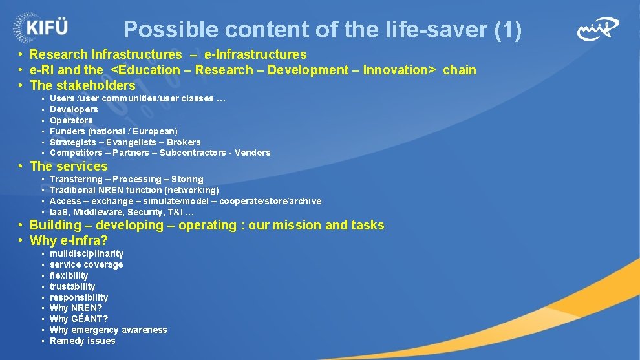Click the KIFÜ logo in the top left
pos(40,28)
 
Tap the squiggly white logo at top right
pos(598,28)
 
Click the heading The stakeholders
pos(83,85)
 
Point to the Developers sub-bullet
pos(74,109)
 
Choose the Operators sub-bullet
pos(71,120)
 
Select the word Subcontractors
pos(192,153)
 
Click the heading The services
pos(69,166)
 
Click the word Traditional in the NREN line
pos(73,190)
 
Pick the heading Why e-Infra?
pos(69,241)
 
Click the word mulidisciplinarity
pos(87,253)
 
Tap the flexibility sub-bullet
pos(69,275)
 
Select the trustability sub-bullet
pos(72,286)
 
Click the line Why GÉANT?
pos(79,319)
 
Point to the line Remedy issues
pos(82,341)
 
